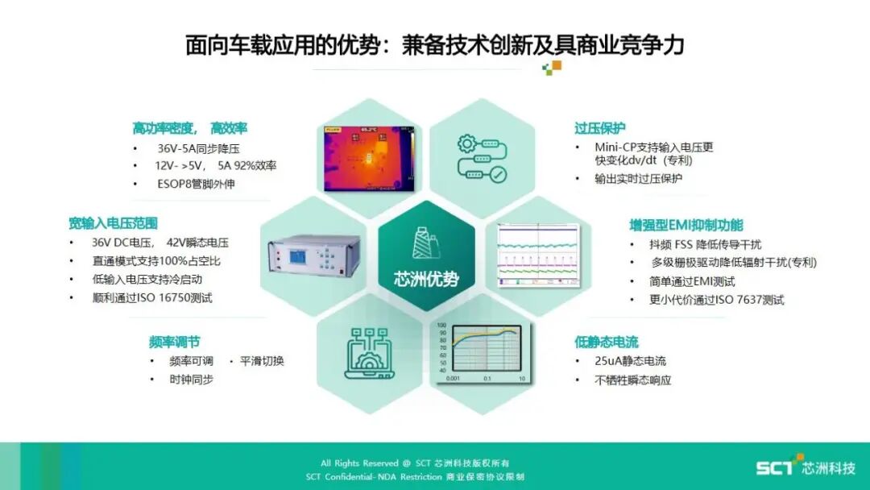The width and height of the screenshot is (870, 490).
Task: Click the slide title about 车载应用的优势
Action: point(434,44)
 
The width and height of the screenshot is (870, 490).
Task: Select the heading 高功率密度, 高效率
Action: point(189,128)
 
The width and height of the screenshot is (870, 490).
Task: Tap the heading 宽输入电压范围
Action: point(113,223)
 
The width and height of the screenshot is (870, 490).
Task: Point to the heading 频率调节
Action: point(174,341)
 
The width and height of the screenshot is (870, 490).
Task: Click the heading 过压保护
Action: point(599,128)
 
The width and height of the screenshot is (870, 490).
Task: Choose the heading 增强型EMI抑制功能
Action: point(686,225)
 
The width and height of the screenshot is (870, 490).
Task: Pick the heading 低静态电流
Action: point(606,342)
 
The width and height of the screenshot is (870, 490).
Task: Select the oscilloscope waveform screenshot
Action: point(537,255)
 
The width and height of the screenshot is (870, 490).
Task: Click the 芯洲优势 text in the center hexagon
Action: point(426,280)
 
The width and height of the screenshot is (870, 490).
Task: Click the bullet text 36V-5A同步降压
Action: point(198,149)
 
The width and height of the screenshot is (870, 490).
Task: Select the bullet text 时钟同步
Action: point(191,379)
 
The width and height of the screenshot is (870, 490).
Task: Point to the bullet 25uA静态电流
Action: point(631,361)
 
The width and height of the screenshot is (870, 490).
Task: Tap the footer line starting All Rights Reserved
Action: point(415,463)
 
